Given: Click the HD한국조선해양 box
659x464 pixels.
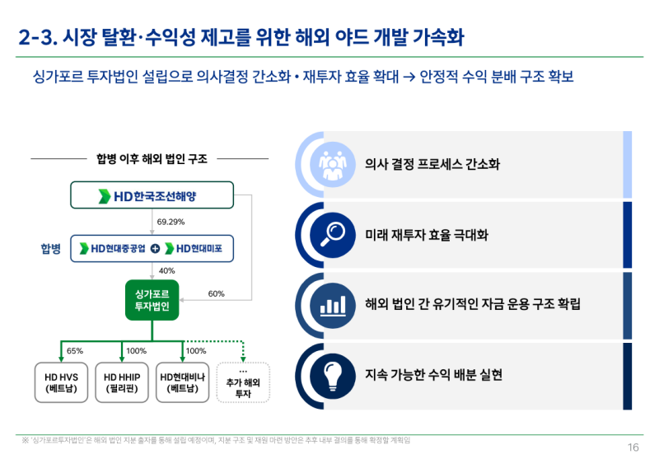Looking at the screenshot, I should tap(152, 196).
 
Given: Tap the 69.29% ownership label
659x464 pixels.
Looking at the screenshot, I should tap(171, 222).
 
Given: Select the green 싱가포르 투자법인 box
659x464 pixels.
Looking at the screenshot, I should tap(152, 300).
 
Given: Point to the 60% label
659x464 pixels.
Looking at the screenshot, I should tap(216, 293).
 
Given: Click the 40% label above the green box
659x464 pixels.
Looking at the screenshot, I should tap(166, 270).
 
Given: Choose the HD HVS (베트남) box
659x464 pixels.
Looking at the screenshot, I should tap(61, 382).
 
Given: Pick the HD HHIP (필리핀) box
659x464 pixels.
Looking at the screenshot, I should tap(122, 382).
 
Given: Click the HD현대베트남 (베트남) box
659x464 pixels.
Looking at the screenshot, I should tap(183, 382).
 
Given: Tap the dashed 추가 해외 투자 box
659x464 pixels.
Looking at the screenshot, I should tap(243, 382).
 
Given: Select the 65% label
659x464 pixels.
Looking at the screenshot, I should tap(74, 350).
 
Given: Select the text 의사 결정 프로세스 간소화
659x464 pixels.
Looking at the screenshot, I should tap(432, 164).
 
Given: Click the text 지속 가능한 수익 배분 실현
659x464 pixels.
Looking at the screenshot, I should tap(433, 375).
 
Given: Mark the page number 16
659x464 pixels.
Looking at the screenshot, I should tap(633, 448).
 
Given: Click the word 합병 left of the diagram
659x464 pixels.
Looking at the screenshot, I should tap(51, 248).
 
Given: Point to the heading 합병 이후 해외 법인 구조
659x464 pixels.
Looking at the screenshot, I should tap(152, 159).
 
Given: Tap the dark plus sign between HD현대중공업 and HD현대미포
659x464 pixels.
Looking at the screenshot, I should tap(155, 248).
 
